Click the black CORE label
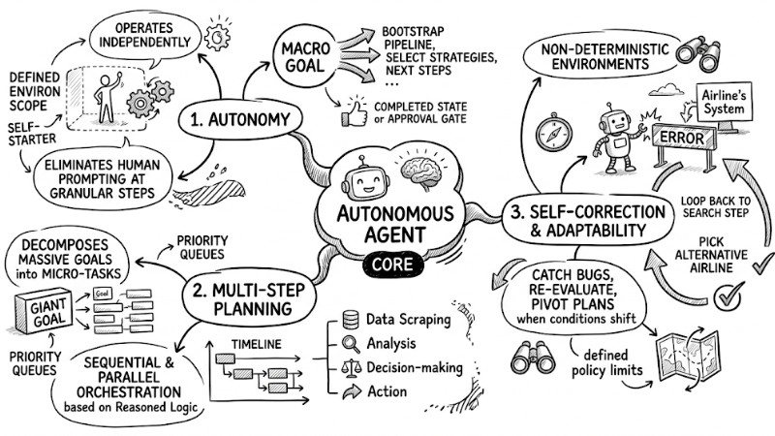click(388, 263)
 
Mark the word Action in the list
click(387, 391)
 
